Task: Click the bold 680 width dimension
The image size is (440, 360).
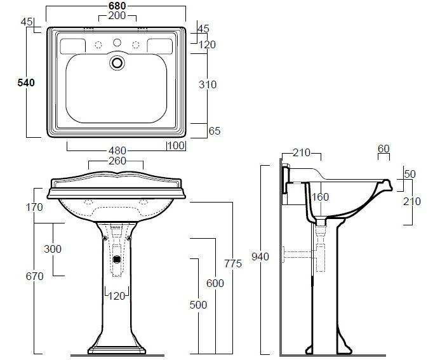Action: (117, 6)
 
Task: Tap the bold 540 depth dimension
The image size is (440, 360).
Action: (26, 83)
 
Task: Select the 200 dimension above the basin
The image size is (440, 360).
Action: (117, 16)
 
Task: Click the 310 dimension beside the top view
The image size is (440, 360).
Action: (208, 84)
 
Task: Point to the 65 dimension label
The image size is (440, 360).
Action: (215, 131)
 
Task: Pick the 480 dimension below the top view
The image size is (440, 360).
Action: (117, 150)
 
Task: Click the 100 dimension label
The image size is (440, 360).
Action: (177, 145)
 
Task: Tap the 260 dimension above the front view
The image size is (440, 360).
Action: (117, 161)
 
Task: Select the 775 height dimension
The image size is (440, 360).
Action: (233, 263)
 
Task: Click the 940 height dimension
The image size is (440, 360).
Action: (260, 257)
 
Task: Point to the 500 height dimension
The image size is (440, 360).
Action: (198, 305)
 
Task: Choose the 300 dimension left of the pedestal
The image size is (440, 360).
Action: (53, 249)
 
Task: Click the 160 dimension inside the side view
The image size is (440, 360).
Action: (320, 197)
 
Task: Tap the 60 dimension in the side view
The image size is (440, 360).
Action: (383, 149)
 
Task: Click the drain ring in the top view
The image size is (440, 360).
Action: (117, 63)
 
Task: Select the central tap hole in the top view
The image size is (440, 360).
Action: (117, 43)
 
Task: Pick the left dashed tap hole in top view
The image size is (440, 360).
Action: (98, 44)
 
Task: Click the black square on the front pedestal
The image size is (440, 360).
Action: (117, 259)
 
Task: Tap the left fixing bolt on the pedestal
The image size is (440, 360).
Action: (105, 238)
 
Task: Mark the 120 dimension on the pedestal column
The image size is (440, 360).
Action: (117, 296)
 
